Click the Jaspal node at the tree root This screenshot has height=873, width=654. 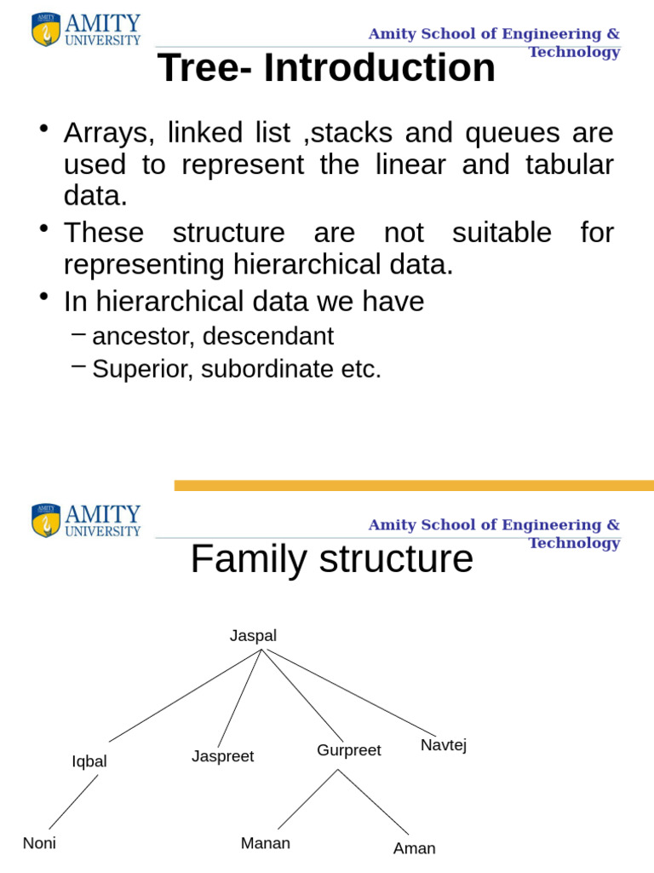[x=253, y=636]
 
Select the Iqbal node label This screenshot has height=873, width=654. [x=89, y=761]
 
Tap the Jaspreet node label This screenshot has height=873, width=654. [x=222, y=756]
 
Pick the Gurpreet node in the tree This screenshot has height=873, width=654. [x=348, y=750]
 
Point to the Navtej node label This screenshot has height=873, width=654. [x=443, y=745]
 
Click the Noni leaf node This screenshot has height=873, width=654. [x=39, y=843]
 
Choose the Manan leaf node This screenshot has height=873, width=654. [x=266, y=843]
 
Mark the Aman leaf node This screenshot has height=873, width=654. [x=415, y=848]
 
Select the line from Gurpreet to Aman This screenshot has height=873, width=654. [x=373, y=801]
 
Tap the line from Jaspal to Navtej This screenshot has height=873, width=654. [x=351, y=692]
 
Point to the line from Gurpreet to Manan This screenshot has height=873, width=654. [x=308, y=800]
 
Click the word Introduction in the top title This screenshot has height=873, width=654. [x=379, y=67]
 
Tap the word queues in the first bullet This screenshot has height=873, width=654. [x=512, y=134]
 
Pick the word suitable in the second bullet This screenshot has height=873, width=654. [x=502, y=232]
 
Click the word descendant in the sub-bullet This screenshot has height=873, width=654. [x=268, y=336]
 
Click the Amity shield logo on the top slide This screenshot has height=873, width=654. [x=46, y=30]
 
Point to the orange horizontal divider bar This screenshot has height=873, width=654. [x=414, y=485]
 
